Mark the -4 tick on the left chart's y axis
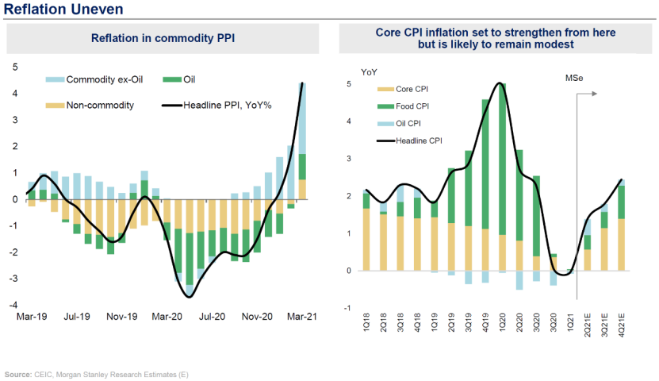[x=14, y=306]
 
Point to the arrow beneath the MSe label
[x=584, y=94]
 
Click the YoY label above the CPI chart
[x=369, y=71]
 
